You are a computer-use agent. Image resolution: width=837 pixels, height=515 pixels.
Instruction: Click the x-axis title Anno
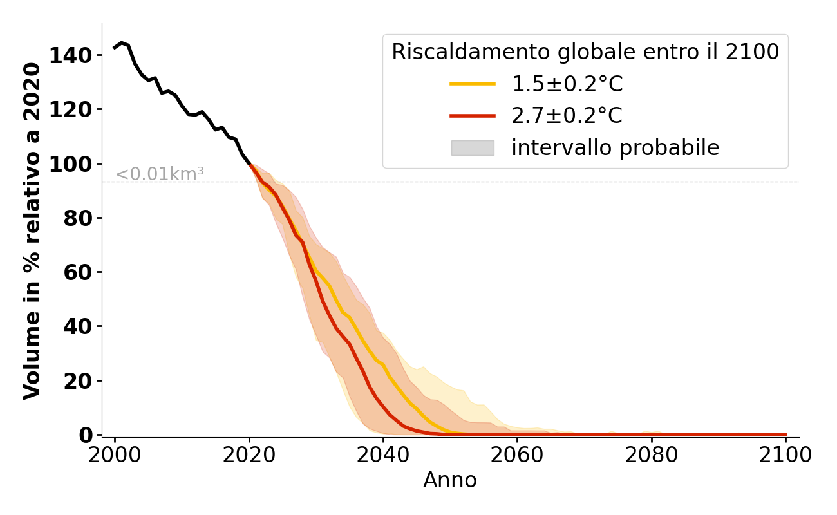(x=450, y=480)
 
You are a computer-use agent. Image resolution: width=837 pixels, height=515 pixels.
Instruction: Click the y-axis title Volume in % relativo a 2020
(x=33, y=231)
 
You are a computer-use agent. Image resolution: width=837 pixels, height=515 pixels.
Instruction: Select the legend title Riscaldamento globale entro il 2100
(x=585, y=52)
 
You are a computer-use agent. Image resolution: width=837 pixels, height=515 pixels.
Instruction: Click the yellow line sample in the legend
(x=472, y=84)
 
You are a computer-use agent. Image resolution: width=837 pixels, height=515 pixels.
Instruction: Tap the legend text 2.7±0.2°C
(x=567, y=116)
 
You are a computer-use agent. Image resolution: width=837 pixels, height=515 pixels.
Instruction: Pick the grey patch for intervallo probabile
(x=472, y=148)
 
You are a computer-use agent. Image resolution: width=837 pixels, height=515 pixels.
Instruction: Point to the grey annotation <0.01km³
(x=160, y=174)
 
